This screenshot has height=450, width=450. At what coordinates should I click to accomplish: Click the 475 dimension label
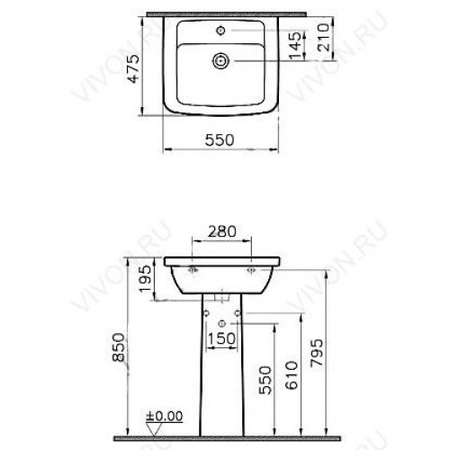tap(133, 68)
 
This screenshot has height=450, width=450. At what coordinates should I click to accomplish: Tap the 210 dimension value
tap(324, 37)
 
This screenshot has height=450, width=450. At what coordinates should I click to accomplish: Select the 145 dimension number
tap(295, 45)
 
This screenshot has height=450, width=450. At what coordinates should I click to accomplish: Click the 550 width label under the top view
tap(220, 139)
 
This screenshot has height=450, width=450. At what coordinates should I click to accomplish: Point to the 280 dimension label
tap(222, 231)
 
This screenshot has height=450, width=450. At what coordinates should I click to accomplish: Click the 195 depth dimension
tap(146, 279)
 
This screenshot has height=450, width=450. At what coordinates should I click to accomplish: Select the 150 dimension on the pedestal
tap(221, 338)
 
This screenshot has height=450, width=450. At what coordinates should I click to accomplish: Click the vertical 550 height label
tap(265, 380)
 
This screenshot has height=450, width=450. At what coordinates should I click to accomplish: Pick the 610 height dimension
tap(292, 375)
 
